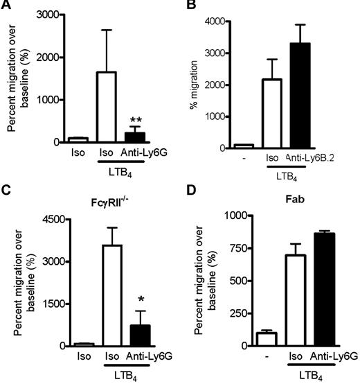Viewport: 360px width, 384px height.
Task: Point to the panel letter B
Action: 196,7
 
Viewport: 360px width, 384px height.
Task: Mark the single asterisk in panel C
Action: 141,299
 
